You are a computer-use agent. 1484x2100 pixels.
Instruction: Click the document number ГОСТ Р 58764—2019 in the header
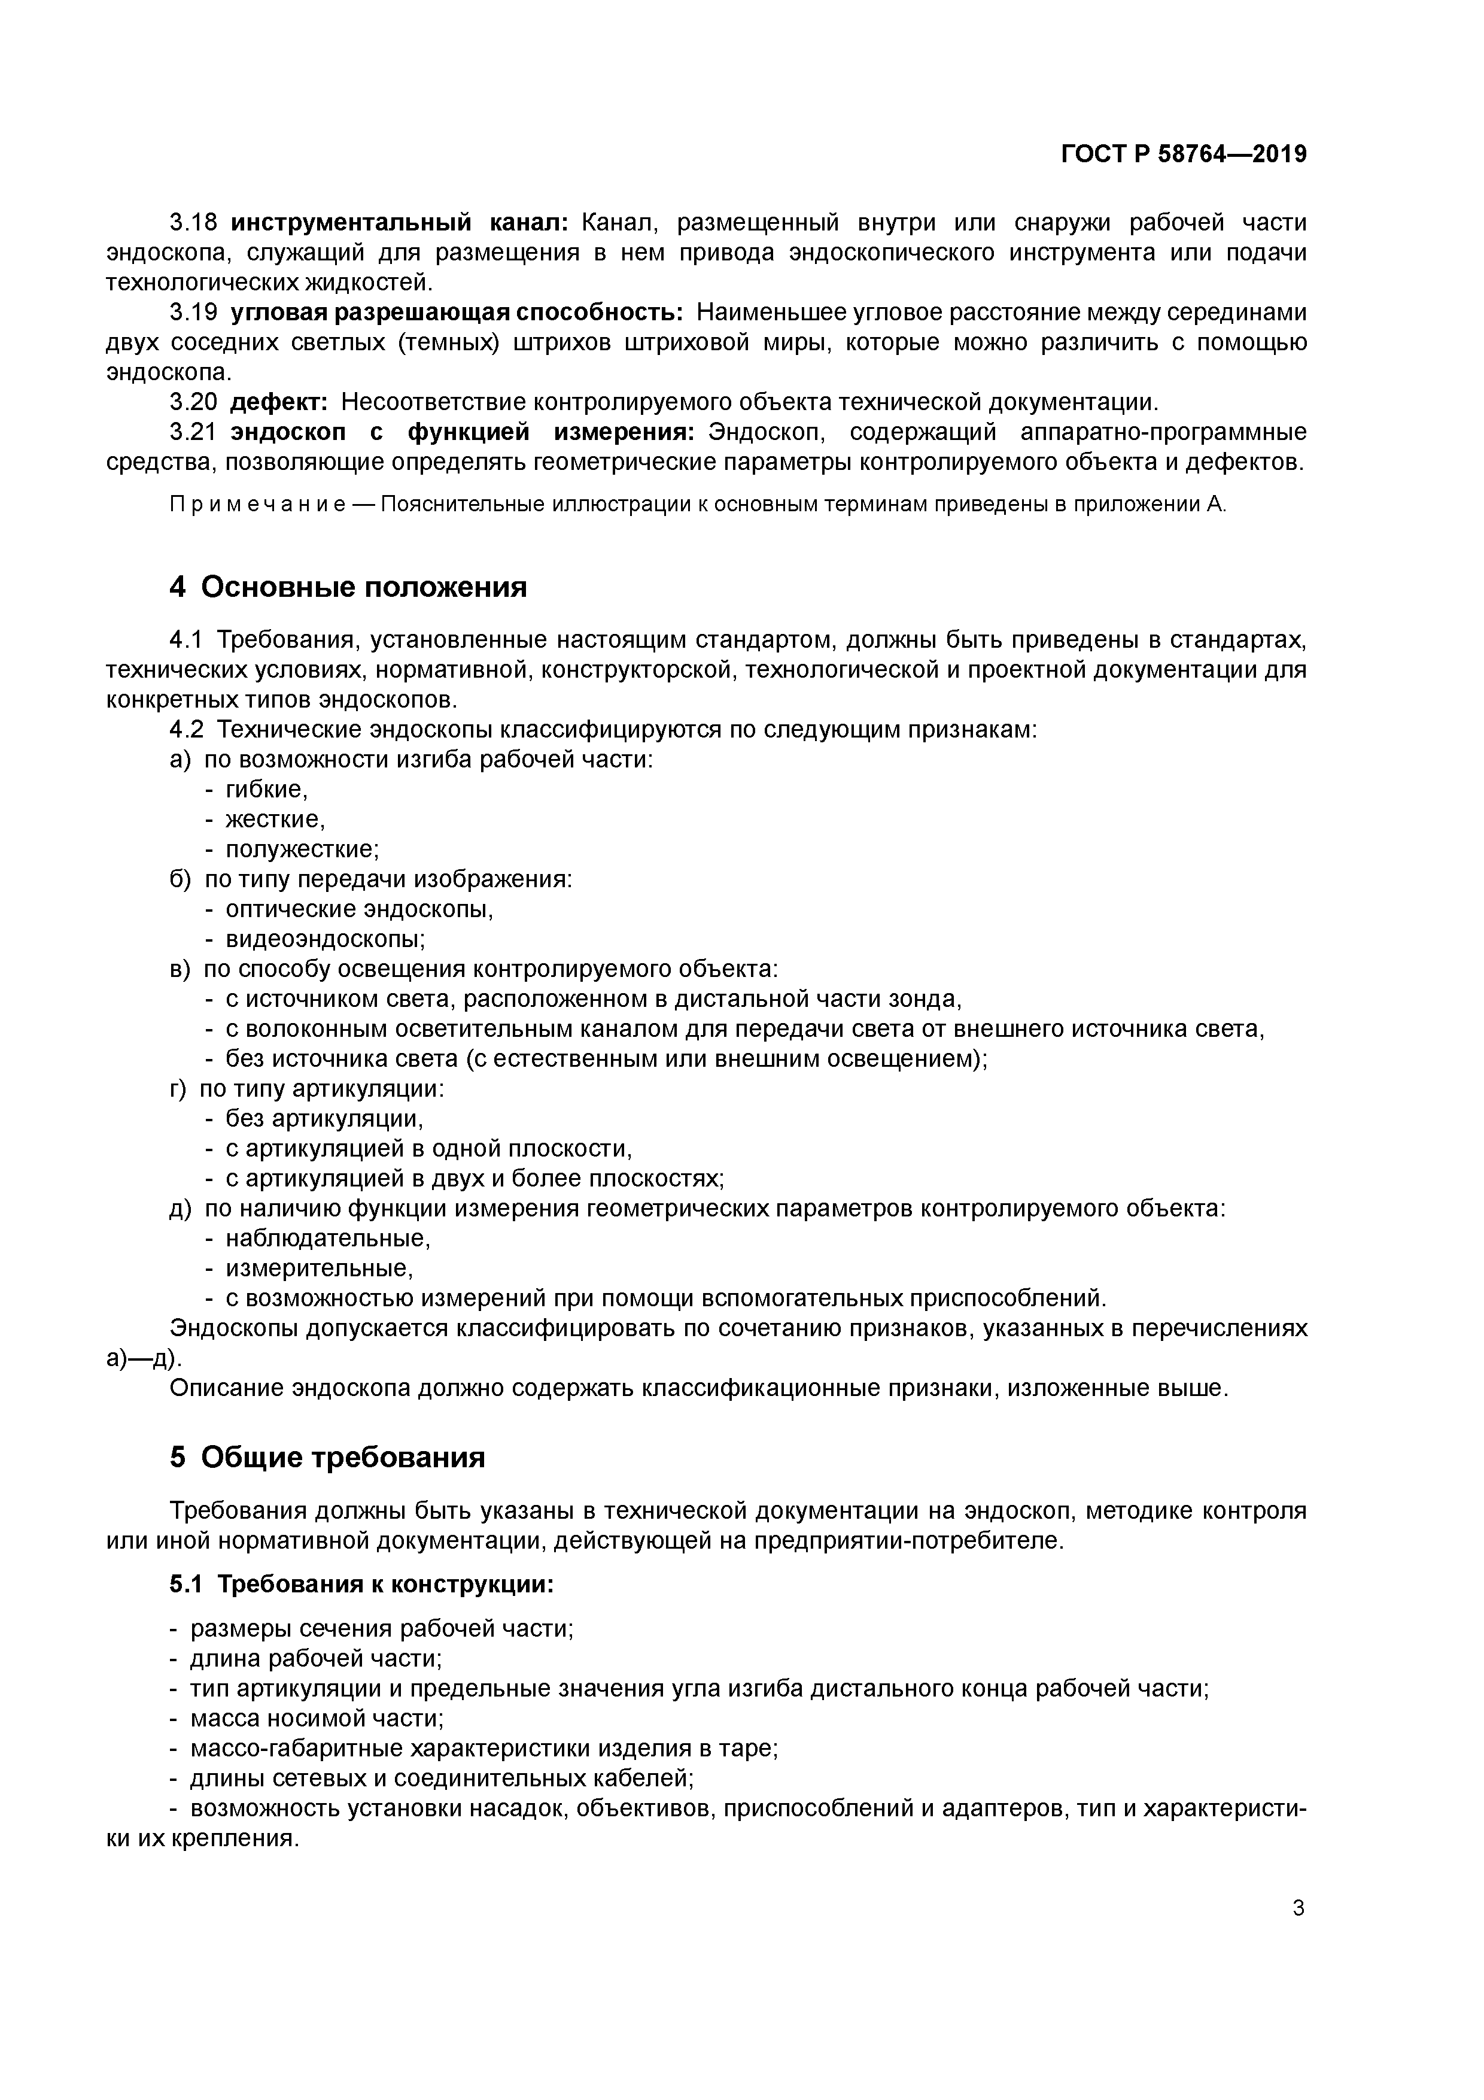coord(1183,154)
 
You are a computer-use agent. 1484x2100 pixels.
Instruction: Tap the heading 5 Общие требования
coord(327,1457)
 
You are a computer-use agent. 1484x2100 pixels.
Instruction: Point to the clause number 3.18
coord(193,222)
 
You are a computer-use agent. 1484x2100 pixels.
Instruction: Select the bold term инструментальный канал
coord(400,222)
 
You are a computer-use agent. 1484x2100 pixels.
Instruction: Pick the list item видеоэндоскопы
coord(324,939)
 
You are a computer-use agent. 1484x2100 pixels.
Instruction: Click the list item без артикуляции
coord(324,1119)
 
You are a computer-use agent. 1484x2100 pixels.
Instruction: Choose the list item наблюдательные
coord(327,1239)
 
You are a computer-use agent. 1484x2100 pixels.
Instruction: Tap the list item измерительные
coord(319,1269)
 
